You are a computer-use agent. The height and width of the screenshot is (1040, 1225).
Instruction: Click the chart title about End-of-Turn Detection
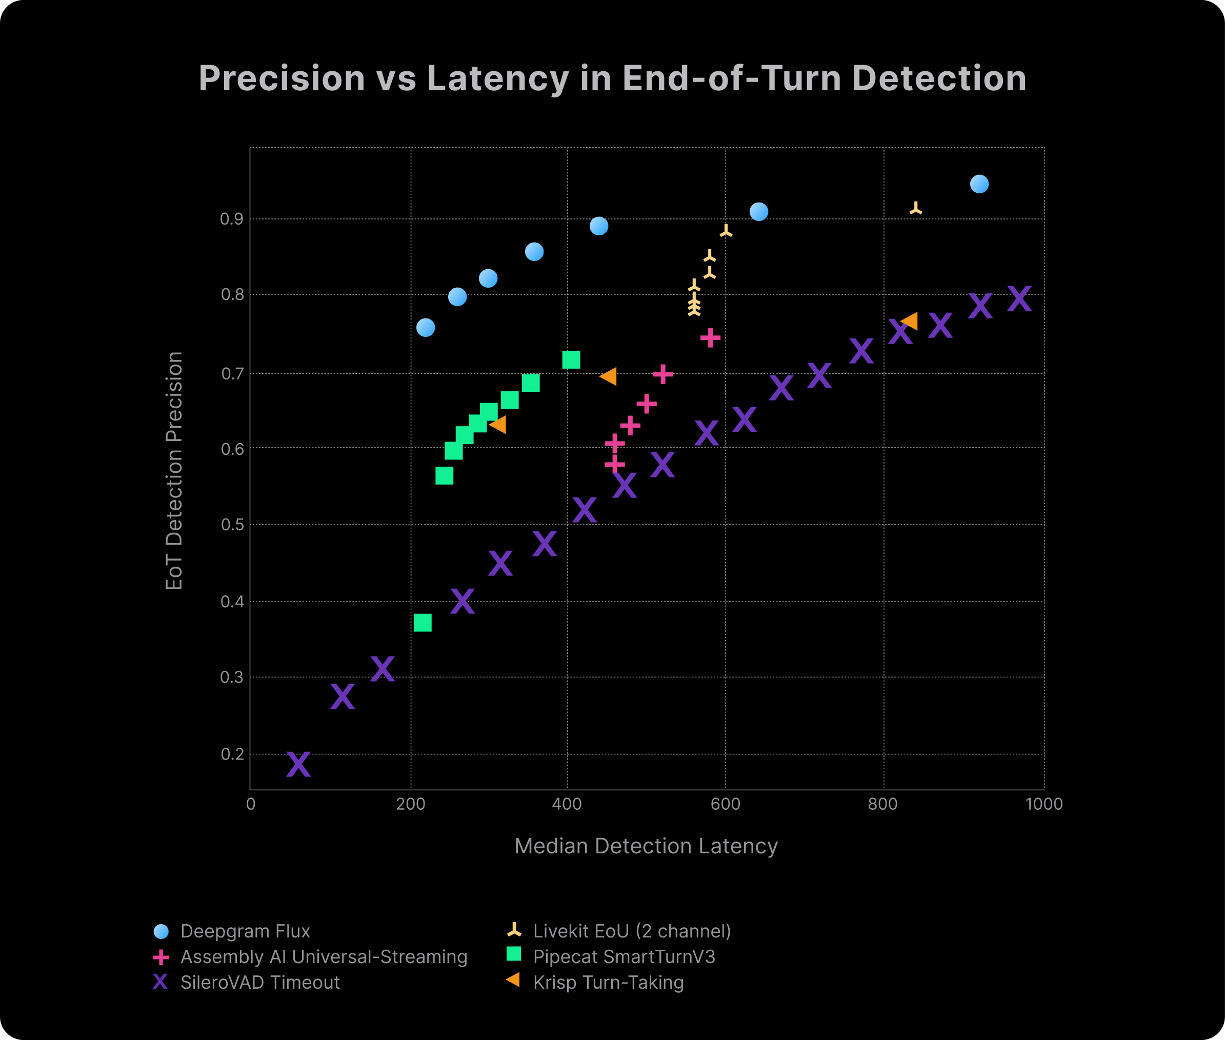612,78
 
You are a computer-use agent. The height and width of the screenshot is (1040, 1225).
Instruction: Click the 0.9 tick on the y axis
232,219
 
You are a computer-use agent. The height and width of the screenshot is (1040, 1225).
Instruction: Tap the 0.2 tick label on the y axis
232,754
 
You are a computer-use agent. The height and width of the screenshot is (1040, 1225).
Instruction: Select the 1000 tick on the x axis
1044,804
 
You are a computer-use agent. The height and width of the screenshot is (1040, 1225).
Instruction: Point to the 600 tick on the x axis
725,804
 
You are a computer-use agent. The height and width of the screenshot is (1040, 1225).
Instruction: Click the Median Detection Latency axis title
646,846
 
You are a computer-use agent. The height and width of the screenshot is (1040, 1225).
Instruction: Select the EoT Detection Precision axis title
174,470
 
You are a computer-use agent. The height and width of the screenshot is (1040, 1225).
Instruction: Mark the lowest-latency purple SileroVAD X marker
298,764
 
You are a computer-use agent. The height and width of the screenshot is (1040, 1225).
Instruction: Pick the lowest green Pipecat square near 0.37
423,623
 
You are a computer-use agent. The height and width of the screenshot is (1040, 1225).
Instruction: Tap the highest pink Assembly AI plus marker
710,337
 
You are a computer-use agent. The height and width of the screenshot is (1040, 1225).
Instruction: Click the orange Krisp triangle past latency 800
910,322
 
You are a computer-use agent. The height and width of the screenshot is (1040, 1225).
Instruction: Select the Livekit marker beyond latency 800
915,209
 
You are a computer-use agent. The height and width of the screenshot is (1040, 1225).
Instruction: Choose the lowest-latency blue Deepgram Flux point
426,327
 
